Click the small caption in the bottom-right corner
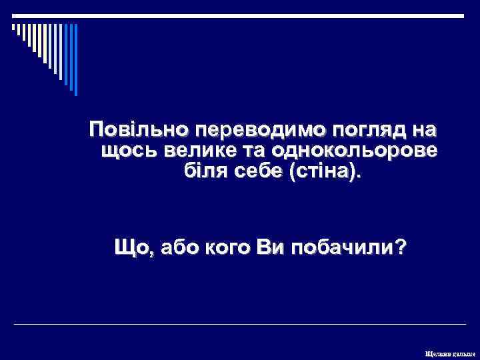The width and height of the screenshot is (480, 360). (x=450, y=352)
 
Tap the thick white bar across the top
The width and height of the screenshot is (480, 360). (x=239, y=15)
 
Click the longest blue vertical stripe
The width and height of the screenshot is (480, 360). (x=75, y=60)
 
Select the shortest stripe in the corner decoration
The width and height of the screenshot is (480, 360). (x=13, y=28)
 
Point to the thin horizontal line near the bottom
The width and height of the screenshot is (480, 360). (x=239, y=324)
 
